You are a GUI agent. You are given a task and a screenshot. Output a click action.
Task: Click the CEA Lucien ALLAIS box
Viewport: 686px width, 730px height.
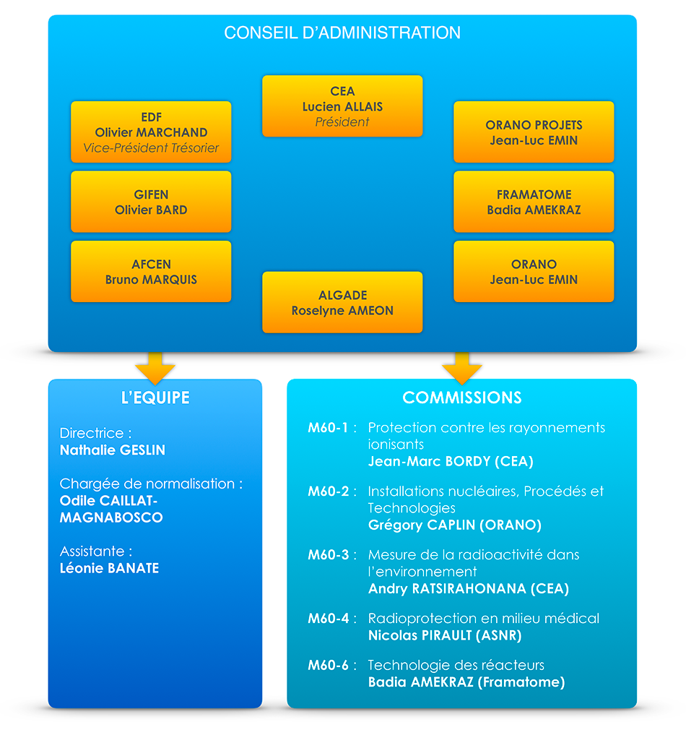coord(342,106)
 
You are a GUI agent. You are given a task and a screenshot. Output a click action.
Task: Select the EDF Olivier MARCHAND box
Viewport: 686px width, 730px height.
coord(151,132)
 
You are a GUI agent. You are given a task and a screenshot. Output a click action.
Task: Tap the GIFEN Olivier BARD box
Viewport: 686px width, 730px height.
coord(151,202)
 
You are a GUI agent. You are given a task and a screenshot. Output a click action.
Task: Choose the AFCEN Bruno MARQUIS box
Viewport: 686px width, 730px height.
coord(151,272)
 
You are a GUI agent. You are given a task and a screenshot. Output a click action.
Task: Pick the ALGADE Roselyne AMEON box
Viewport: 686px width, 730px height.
coord(342,302)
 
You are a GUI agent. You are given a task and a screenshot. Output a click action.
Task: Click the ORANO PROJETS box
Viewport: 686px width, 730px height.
coord(534,132)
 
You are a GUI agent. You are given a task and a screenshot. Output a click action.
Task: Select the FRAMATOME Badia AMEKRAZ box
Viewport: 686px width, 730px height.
coord(534,202)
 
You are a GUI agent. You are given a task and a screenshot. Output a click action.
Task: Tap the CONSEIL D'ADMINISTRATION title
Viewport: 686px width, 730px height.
coord(342,33)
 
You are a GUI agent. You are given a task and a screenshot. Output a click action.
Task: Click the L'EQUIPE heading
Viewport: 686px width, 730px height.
coord(155,398)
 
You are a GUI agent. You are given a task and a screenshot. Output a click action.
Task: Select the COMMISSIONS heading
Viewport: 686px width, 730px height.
coord(462,398)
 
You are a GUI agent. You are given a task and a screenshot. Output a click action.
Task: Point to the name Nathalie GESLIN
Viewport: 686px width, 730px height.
coord(113,450)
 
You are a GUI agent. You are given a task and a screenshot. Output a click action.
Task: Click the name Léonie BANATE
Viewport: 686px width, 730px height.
coord(109,568)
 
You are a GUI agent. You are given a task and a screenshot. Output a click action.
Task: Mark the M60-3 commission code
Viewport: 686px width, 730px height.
coord(329,555)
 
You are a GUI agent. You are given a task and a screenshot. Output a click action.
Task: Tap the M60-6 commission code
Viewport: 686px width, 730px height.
coord(329,665)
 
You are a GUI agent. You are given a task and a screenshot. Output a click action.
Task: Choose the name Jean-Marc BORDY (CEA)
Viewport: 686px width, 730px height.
coord(451,461)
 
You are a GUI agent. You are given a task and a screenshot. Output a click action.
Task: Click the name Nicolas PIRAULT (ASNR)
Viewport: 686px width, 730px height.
coord(445,635)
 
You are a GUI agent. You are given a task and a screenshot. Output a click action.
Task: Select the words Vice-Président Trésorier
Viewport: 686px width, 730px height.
coord(151,147)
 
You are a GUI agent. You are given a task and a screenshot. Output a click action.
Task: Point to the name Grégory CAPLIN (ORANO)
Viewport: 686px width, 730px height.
coord(455,525)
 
